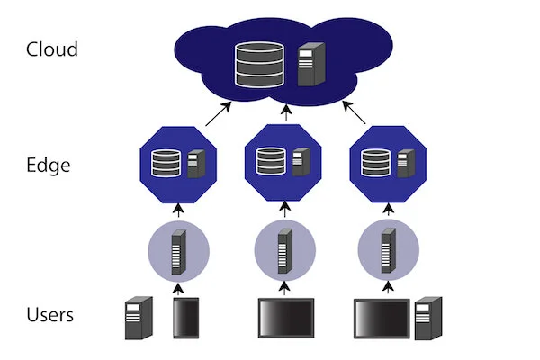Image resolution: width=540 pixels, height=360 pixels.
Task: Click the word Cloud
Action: (x=51, y=49)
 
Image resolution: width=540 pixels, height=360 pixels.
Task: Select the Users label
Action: (x=50, y=315)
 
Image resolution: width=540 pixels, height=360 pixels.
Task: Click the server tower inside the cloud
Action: (x=309, y=64)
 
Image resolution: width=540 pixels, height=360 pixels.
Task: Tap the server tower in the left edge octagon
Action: (x=195, y=164)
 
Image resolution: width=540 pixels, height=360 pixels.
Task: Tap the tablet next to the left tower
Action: (x=185, y=319)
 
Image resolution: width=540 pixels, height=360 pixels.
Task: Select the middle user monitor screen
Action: (x=285, y=318)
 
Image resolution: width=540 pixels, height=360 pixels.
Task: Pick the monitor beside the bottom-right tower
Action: (x=382, y=318)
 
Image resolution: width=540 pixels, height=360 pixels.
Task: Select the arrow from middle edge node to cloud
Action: (x=286, y=112)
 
